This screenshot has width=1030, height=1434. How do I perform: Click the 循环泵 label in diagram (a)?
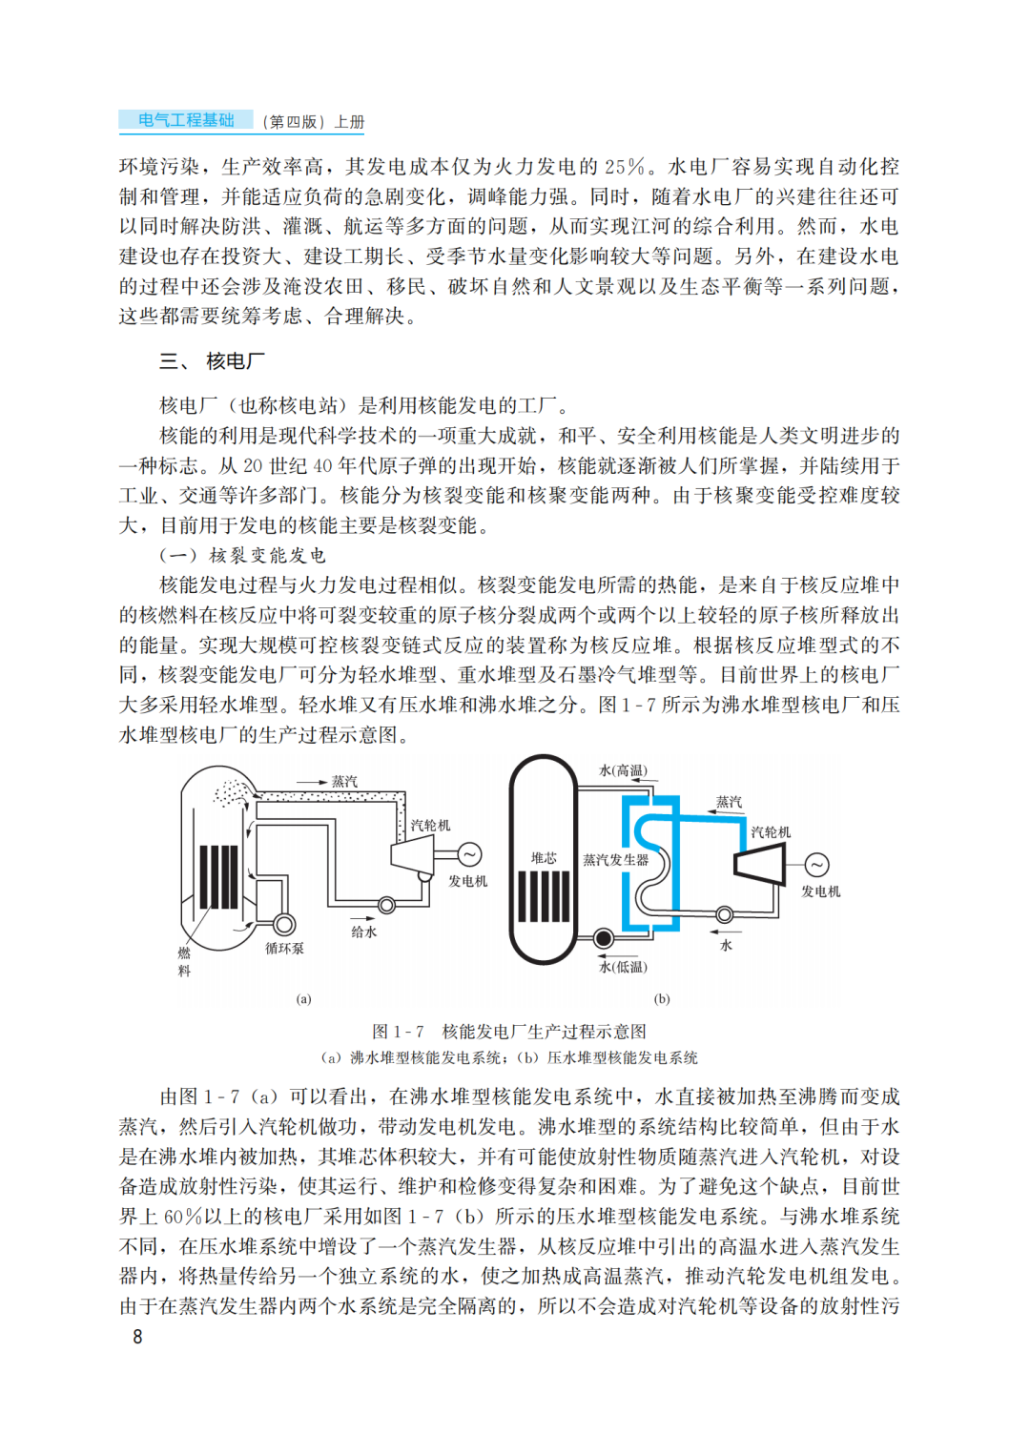(x=284, y=949)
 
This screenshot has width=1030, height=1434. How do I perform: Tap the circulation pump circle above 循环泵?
(x=283, y=924)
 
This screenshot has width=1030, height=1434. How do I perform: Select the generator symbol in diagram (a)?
(x=469, y=854)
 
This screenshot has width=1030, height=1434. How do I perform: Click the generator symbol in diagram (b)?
(x=817, y=865)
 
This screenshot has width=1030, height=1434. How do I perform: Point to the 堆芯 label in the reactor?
(x=544, y=858)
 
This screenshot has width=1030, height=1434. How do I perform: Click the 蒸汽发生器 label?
(x=615, y=860)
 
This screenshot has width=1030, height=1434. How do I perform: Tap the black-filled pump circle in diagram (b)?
(x=603, y=938)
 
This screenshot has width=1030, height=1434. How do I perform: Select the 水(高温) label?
(x=623, y=770)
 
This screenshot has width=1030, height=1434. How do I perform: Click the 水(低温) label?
(x=623, y=967)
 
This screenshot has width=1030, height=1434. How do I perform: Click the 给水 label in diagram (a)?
(x=363, y=932)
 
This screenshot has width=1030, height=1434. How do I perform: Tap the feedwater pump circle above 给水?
(x=387, y=905)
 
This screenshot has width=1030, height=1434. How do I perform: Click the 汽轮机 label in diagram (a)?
(x=430, y=826)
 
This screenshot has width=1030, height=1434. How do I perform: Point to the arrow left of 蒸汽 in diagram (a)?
(x=310, y=782)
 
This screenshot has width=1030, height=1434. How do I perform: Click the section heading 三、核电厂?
(x=212, y=361)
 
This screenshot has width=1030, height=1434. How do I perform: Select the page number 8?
(x=137, y=1337)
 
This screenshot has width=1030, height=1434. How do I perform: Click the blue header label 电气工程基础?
(x=186, y=120)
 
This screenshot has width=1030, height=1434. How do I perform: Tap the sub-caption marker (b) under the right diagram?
(x=662, y=999)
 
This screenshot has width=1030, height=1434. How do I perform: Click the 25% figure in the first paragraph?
(x=625, y=167)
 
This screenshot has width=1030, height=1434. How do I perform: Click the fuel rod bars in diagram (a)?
(x=218, y=876)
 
